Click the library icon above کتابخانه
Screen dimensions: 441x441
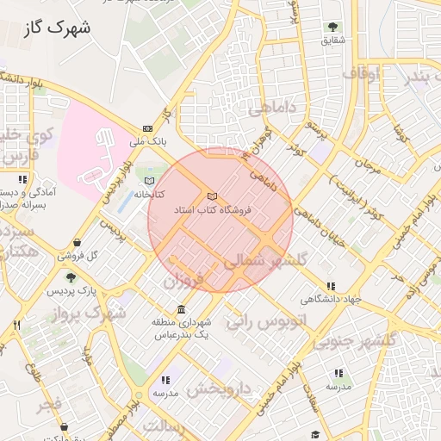pyautogui.click(x=151, y=182)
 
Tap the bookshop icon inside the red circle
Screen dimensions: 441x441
pyautogui.click(x=212, y=197)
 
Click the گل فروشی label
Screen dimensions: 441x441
pyautogui.click(x=78, y=256)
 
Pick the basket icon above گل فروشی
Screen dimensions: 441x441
pyautogui.click(x=78, y=243)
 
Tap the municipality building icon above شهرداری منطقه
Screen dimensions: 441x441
pyautogui.click(x=181, y=309)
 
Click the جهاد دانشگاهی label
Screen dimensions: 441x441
pyautogui.click(x=328, y=300)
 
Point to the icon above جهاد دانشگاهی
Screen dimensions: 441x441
pyautogui.click(x=330, y=287)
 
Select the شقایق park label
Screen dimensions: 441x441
pyautogui.click(x=332, y=40)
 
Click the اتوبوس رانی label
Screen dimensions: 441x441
pyautogui.click(x=257, y=322)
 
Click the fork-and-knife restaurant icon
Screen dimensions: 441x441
pyautogui.click(x=16, y=326)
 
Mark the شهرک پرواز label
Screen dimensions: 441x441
pyautogui.click(x=93, y=312)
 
